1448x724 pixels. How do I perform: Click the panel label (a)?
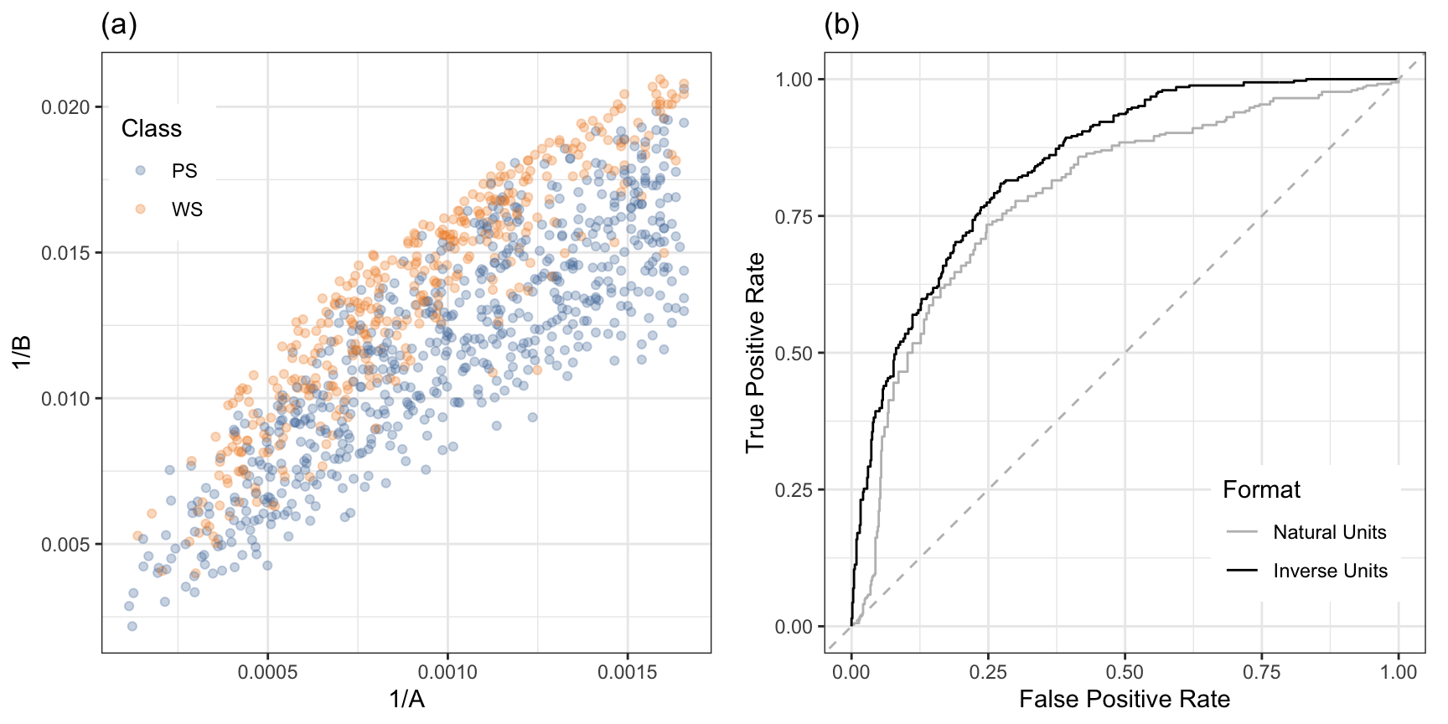[119, 25]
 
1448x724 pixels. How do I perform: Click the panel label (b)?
[841, 25]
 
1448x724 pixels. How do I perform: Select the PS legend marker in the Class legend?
[141, 170]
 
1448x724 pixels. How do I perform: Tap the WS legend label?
[187, 209]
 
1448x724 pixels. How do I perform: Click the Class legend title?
[151, 128]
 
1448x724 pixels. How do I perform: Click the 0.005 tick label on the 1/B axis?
[66, 545]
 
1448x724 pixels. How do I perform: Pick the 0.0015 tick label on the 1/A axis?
[627, 672]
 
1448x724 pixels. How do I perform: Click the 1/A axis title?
[406, 699]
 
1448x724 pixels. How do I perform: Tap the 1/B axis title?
[22, 352]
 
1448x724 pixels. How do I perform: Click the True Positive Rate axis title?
[756, 352]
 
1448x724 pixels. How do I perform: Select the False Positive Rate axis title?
[1125, 699]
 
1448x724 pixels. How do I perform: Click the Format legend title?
[1261, 489]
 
